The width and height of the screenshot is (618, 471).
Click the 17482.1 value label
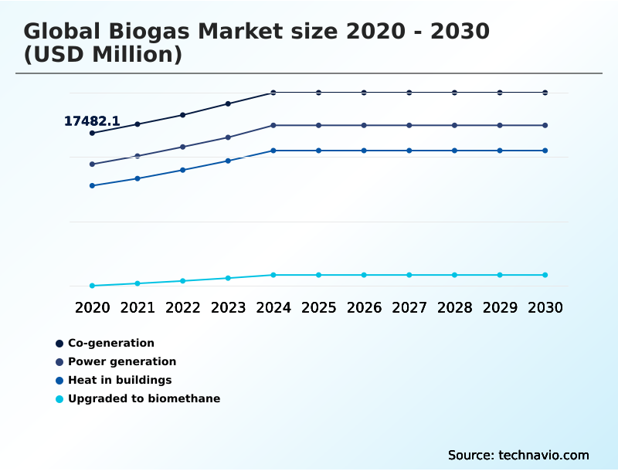[91, 121]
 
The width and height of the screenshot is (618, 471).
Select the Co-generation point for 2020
[92, 133]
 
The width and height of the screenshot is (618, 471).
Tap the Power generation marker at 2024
[273, 125]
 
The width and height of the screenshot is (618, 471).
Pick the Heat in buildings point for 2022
[182, 170]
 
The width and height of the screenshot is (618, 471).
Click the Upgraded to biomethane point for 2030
[545, 275]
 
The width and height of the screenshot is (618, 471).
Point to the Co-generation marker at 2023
[228, 103]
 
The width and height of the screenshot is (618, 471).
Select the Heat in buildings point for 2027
[409, 151]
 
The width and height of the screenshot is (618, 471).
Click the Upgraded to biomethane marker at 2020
[92, 286]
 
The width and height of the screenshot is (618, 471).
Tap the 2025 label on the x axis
[318, 308]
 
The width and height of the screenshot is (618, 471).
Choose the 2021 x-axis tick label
[138, 308]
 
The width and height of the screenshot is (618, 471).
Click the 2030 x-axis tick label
[545, 308]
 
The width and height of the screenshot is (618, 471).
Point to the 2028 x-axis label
[454, 308]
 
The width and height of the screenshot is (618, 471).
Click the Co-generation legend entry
[111, 343]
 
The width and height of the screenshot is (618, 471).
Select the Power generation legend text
[122, 361]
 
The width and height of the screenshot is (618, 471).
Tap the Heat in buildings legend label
[120, 380]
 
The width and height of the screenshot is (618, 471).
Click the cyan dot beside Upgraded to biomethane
[59, 399]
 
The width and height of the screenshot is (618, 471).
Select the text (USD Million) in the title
[103, 55]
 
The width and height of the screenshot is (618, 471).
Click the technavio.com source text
[544, 455]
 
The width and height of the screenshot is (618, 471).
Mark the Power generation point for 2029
[500, 125]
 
